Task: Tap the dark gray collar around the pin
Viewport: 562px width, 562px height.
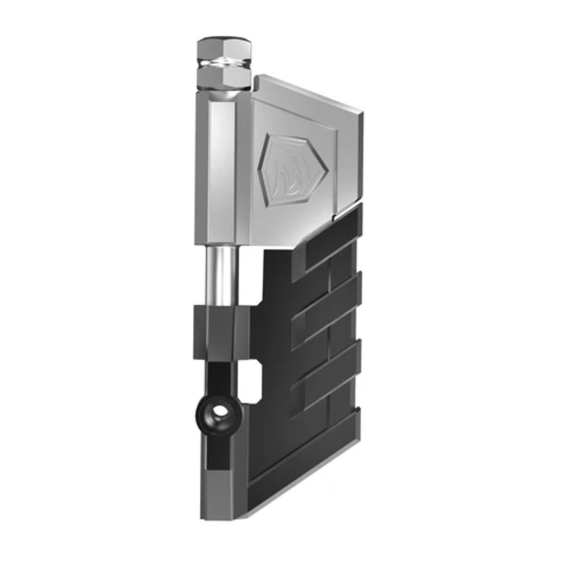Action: [x=222, y=333]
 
